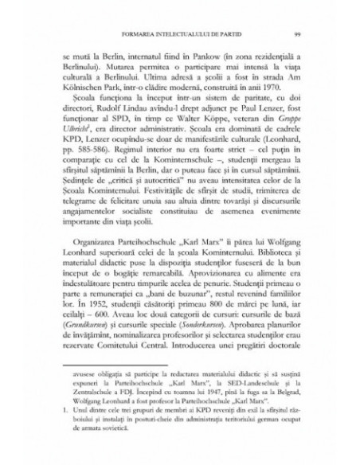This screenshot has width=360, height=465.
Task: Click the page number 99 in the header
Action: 296,34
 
